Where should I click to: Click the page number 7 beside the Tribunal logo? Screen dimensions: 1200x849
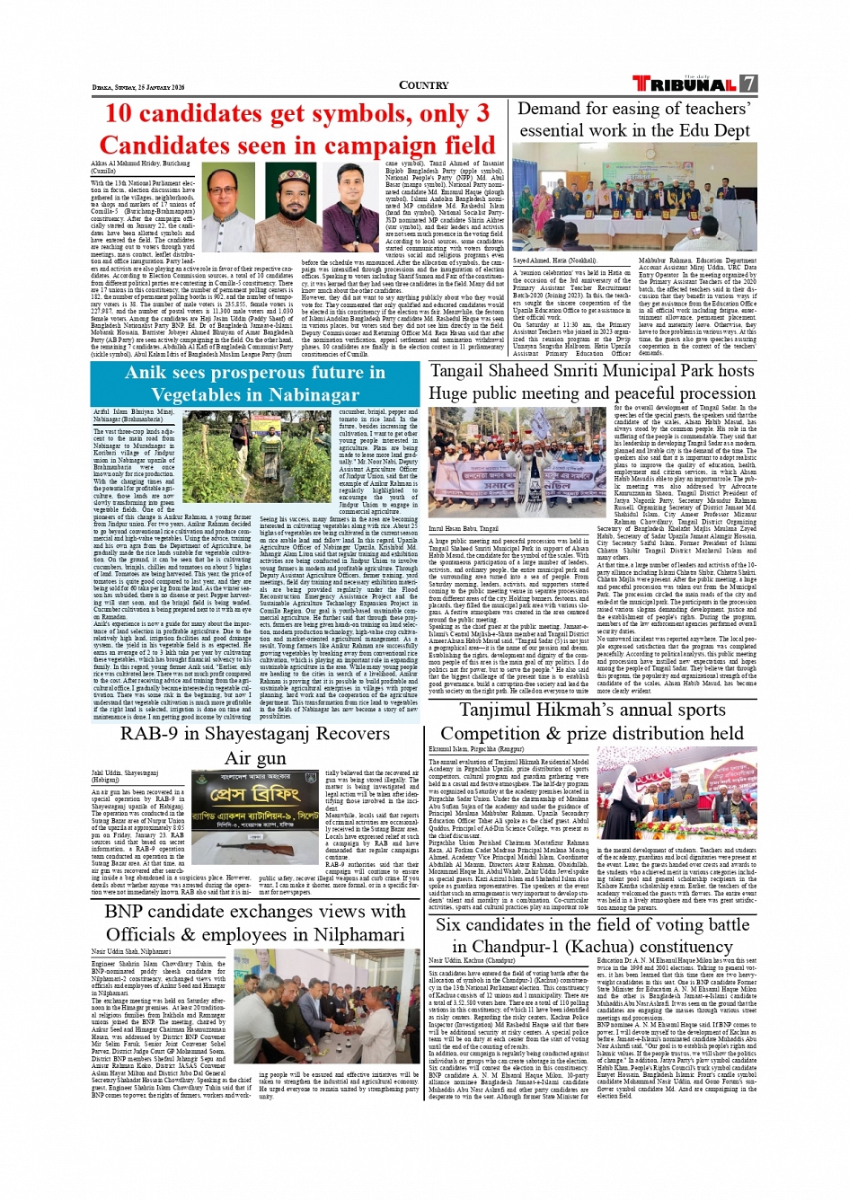pos(748,84)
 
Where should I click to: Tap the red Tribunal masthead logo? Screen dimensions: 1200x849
pos(685,84)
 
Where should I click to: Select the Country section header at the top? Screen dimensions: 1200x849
pos(423,85)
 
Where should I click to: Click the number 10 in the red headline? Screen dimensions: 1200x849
pos(119,114)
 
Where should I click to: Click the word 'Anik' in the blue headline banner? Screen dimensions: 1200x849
pos(147,373)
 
